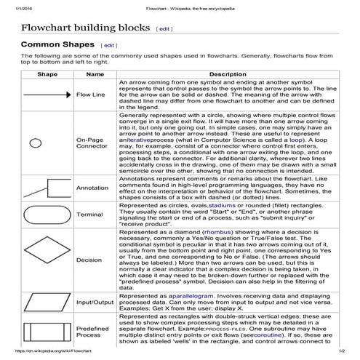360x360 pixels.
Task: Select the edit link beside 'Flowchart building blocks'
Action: tap(165, 29)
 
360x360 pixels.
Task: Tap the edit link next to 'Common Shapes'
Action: tap(109, 46)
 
